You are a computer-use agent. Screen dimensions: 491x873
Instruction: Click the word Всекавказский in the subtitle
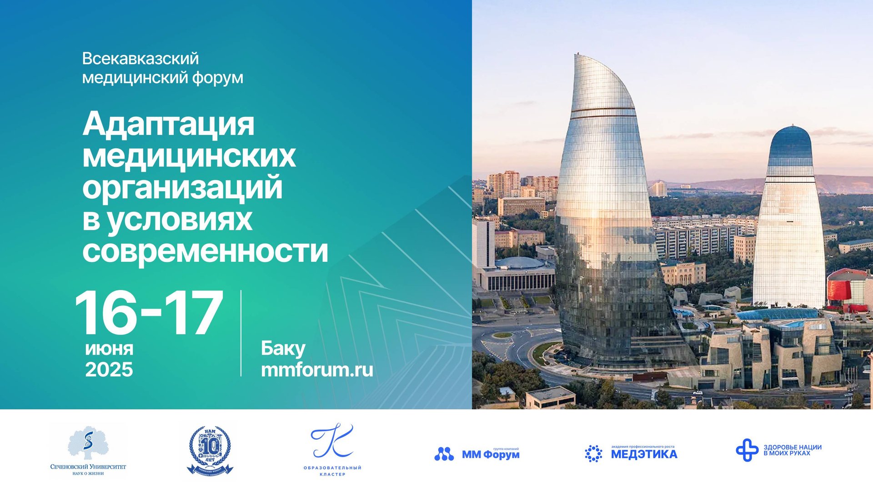(140, 59)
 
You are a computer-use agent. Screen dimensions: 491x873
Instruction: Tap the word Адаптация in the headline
(168, 124)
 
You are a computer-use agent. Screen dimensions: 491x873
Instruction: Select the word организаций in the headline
(182, 187)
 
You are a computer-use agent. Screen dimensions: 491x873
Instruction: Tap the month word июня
(109, 349)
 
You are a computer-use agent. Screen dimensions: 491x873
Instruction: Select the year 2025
(109, 370)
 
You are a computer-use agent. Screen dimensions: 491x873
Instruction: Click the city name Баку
(283, 349)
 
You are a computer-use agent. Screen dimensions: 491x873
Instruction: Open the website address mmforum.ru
(317, 370)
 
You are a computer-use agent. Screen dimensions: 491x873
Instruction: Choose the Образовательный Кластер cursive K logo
(332, 441)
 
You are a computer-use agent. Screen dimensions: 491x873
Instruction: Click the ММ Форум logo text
(491, 454)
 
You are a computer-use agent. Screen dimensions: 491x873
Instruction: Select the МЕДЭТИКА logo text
(644, 454)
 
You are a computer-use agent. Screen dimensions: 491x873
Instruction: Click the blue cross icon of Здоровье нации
(747, 450)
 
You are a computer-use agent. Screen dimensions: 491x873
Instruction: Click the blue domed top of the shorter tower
(791, 143)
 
